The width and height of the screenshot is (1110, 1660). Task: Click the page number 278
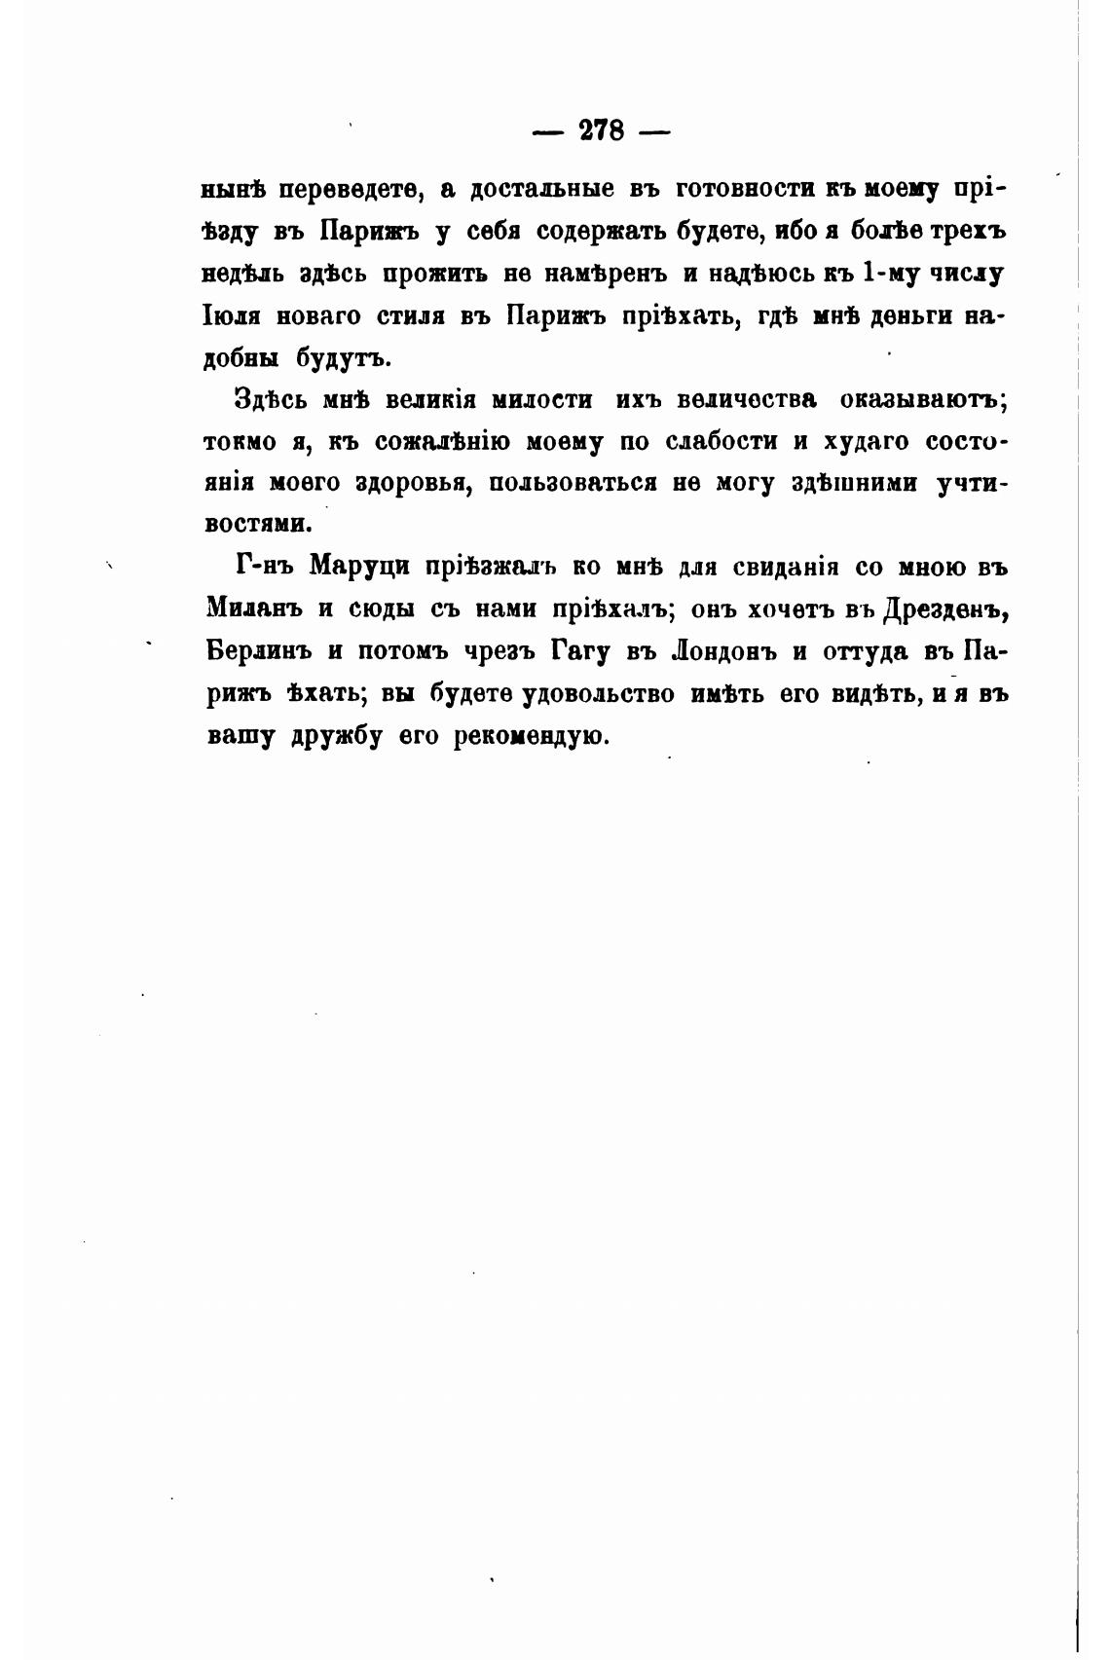tap(601, 129)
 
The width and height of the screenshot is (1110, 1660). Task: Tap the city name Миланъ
tap(254, 609)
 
